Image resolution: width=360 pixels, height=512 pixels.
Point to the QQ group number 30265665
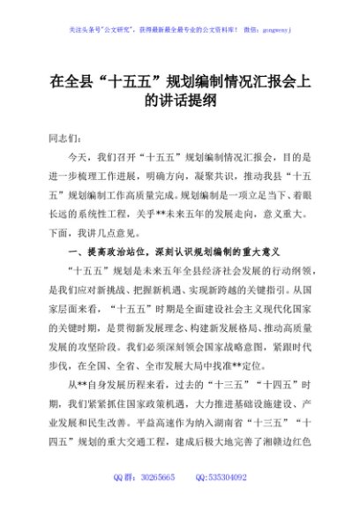[156, 501]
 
